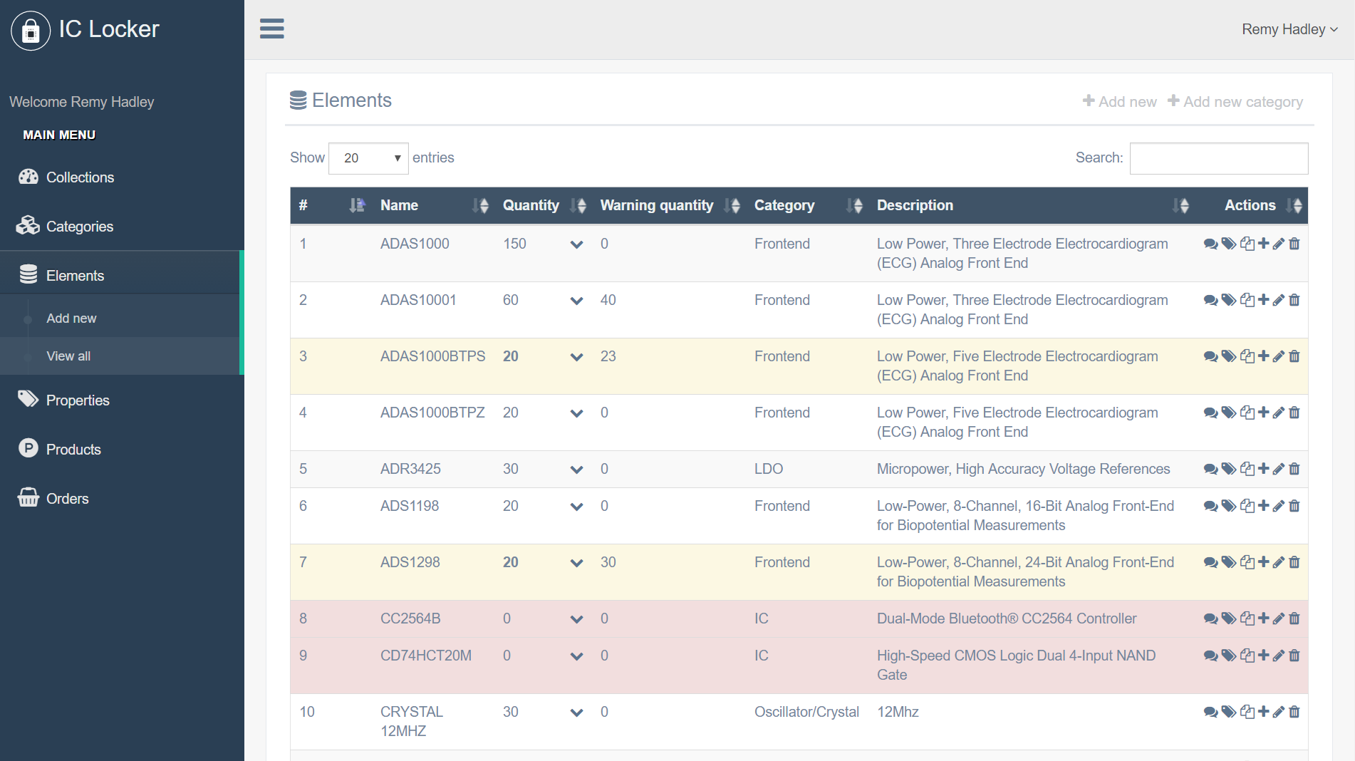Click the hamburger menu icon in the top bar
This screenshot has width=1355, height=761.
pyautogui.click(x=271, y=29)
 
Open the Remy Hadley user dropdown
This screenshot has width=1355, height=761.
pyautogui.click(x=1289, y=29)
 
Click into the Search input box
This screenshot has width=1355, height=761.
pyautogui.click(x=1218, y=158)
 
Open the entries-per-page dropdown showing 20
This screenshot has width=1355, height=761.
pyautogui.click(x=368, y=158)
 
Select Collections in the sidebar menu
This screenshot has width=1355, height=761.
pyautogui.click(x=80, y=177)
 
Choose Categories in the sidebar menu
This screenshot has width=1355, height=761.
pyautogui.click(x=79, y=227)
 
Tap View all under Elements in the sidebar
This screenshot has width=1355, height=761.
pyautogui.click(x=68, y=356)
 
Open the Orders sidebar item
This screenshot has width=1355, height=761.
pyautogui.click(x=67, y=499)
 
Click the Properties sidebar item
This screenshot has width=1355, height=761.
pyautogui.click(x=77, y=400)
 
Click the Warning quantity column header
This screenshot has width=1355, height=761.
pyautogui.click(x=656, y=206)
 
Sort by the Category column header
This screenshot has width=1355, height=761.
pyautogui.click(x=784, y=206)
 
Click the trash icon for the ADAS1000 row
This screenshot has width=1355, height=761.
pyautogui.click(x=1294, y=244)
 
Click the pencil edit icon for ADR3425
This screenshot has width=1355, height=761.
pyautogui.click(x=1279, y=469)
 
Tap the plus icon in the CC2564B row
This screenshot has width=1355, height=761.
pyautogui.click(x=1263, y=618)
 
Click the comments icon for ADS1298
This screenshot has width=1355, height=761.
pyautogui.click(x=1210, y=562)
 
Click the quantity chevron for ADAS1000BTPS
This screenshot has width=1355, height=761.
pyautogui.click(x=576, y=357)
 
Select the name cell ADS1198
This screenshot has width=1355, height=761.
pyautogui.click(x=409, y=506)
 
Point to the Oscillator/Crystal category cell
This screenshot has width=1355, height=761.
pyautogui.click(x=806, y=712)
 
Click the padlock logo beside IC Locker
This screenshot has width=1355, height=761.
pyautogui.click(x=31, y=31)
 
